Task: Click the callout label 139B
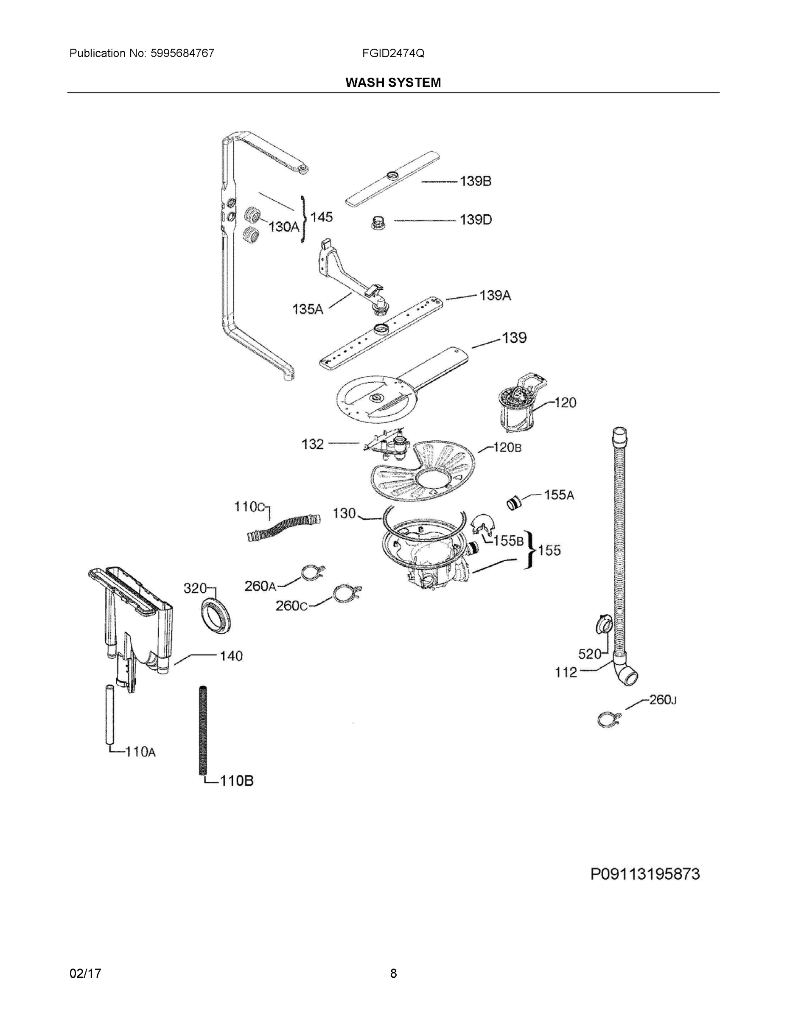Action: click(x=476, y=181)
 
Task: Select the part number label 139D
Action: click(x=476, y=220)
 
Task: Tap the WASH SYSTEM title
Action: click(x=392, y=83)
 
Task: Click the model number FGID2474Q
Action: click(x=392, y=53)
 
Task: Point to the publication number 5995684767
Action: click(x=182, y=53)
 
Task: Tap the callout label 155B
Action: click(x=508, y=541)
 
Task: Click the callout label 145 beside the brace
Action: click(x=321, y=217)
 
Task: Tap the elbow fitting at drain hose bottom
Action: click(x=625, y=674)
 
